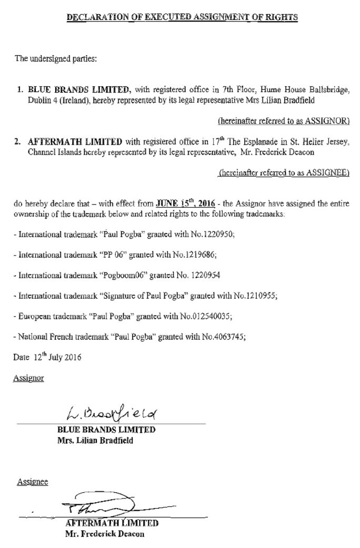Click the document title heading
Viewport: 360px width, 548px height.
182,17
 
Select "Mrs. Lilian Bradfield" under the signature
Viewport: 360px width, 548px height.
95,440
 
